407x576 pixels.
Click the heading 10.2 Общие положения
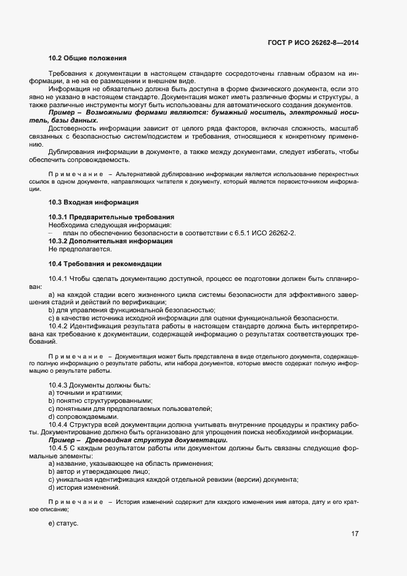(x=87, y=58)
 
